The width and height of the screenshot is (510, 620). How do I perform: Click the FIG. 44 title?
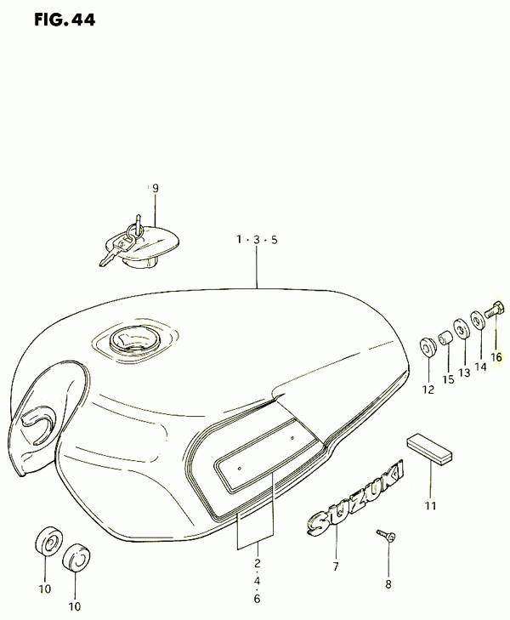(65, 20)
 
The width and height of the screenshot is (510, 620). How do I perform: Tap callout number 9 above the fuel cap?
(156, 189)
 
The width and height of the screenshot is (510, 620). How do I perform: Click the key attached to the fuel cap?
(115, 248)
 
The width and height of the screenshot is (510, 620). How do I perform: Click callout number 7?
(336, 566)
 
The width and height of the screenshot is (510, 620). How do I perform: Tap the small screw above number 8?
(387, 536)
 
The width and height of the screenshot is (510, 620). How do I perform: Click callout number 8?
(388, 584)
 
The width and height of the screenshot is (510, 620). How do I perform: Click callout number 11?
(431, 505)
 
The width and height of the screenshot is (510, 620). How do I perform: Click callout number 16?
(496, 357)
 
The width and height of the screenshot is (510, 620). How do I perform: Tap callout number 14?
(480, 367)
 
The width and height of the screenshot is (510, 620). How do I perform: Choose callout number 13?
(465, 373)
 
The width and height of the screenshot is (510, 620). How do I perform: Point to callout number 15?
(448, 379)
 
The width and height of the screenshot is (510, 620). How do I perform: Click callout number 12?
(428, 390)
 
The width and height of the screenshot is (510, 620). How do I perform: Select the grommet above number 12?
(428, 346)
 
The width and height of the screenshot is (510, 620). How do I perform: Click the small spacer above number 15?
(445, 338)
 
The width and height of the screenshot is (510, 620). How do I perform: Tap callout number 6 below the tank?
(258, 599)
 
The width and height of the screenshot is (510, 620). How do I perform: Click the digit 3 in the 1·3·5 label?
(257, 240)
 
